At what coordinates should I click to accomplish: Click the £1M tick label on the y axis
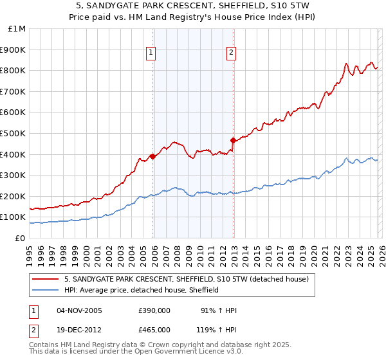point(17,28)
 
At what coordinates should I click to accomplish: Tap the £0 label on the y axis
point(21,238)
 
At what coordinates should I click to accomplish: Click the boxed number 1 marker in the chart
point(151,53)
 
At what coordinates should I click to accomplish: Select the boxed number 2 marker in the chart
point(231,53)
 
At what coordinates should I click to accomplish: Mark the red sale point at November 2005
point(152,156)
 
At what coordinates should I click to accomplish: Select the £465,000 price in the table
point(154,328)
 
